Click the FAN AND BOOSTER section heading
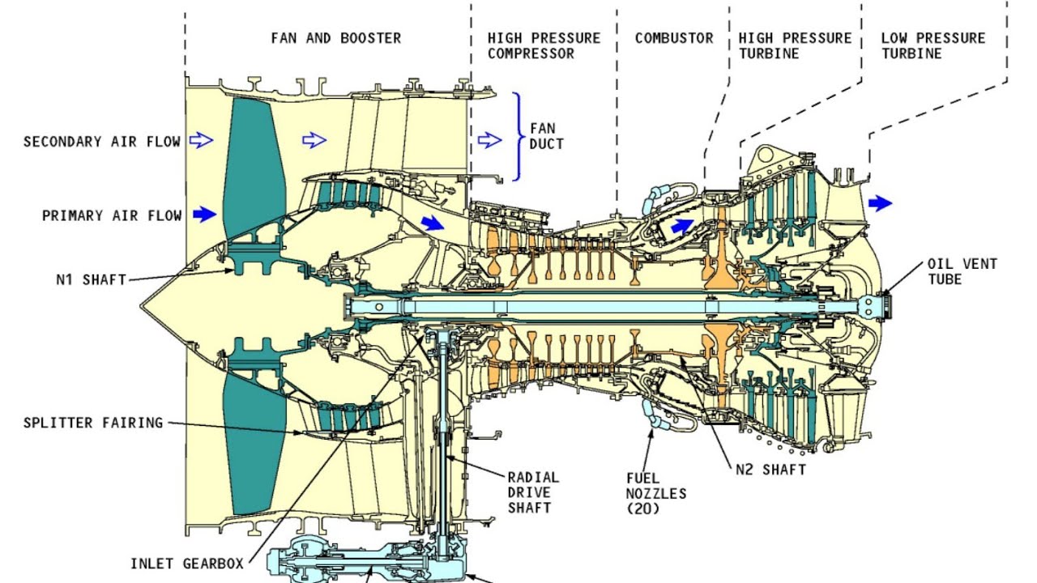coord(335,38)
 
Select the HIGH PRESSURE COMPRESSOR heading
coord(544,45)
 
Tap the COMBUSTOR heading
coord(674,38)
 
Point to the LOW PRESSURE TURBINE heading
coord(933,45)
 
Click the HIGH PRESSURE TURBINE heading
coord(795,45)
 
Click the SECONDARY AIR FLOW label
coord(102,142)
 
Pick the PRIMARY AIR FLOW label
coord(113,215)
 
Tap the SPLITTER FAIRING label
coord(93,423)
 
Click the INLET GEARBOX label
coord(186,563)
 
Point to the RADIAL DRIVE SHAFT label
coord(533,492)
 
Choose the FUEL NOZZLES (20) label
coord(656,493)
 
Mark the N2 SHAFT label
coord(770,470)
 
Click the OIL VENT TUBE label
coord(962,271)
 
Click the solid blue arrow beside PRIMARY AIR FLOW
coord(205,215)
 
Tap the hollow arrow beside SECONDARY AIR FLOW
coord(200,141)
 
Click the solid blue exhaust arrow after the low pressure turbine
coord(880,203)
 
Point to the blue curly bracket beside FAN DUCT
coord(517,136)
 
